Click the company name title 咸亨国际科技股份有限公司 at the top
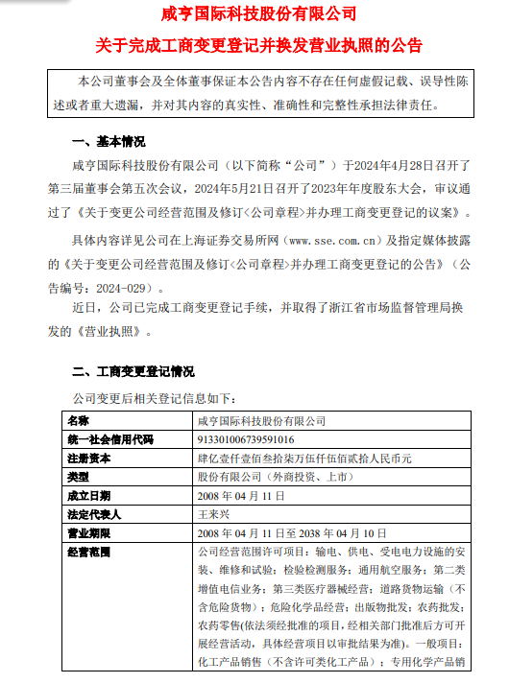point(254,15)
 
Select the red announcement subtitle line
point(254,45)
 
